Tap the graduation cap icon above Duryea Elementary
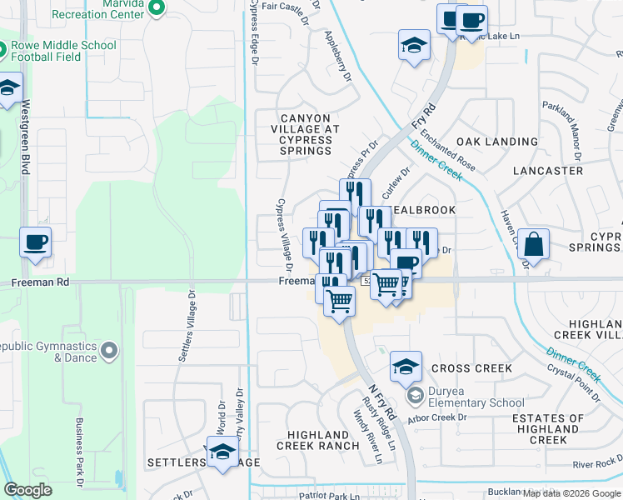405,366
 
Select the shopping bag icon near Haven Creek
533,244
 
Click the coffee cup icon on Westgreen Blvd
35,242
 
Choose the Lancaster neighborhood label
547,171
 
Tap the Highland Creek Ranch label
318,440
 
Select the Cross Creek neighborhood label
471,368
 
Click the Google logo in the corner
27,490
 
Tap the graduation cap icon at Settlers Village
222,453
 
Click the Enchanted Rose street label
447,150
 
